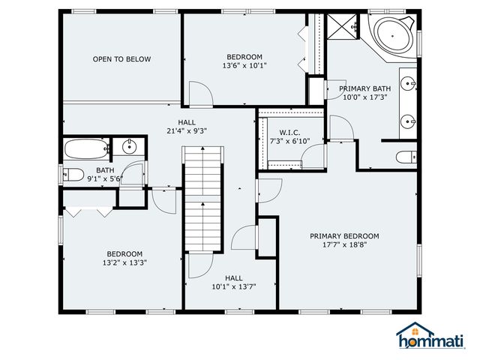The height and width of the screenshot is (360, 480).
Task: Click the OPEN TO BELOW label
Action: click(x=121, y=59)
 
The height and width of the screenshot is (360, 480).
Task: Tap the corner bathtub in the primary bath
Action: click(x=392, y=34)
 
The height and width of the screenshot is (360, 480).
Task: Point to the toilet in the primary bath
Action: click(x=406, y=157)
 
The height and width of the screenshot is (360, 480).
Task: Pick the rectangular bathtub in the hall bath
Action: click(x=86, y=148)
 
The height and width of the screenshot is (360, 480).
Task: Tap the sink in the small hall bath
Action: click(x=127, y=145)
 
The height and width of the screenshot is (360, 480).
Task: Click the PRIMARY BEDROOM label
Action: click(x=344, y=236)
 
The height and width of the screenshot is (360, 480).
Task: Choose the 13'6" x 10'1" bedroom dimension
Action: click(x=244, y=66)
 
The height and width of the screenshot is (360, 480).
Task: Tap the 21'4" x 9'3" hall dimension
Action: click(x=187, y=130)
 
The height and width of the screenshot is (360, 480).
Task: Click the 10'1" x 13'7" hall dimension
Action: click(x=233, y=286)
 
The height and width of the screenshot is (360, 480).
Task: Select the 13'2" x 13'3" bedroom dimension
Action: click(x=124, y=263)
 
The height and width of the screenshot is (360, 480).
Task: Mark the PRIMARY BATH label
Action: click(x=365, y=88)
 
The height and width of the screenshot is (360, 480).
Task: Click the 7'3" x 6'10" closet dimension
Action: click(x=289, y=140)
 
